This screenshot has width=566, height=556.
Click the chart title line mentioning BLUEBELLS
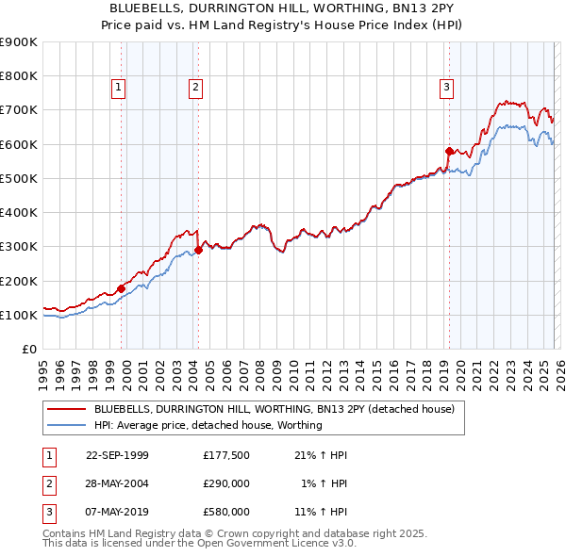pos(282,8)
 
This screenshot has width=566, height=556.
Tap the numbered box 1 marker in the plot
pos(119,89)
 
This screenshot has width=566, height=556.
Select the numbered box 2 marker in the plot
pos(195,89)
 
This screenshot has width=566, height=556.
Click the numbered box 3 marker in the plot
pos(446,89)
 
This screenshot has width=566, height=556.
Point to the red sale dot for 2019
pos(449,151)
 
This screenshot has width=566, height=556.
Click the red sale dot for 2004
pos(199,250)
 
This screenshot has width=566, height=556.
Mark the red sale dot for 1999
pos(121,288)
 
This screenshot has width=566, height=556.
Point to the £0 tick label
pos(28,350)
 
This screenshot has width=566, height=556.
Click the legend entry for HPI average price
pos(208,425)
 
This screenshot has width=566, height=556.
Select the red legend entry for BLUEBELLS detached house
pos(274,409)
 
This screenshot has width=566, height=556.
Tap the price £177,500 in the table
pos(225,455)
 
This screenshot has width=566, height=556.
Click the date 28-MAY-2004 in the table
pos(117,483)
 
